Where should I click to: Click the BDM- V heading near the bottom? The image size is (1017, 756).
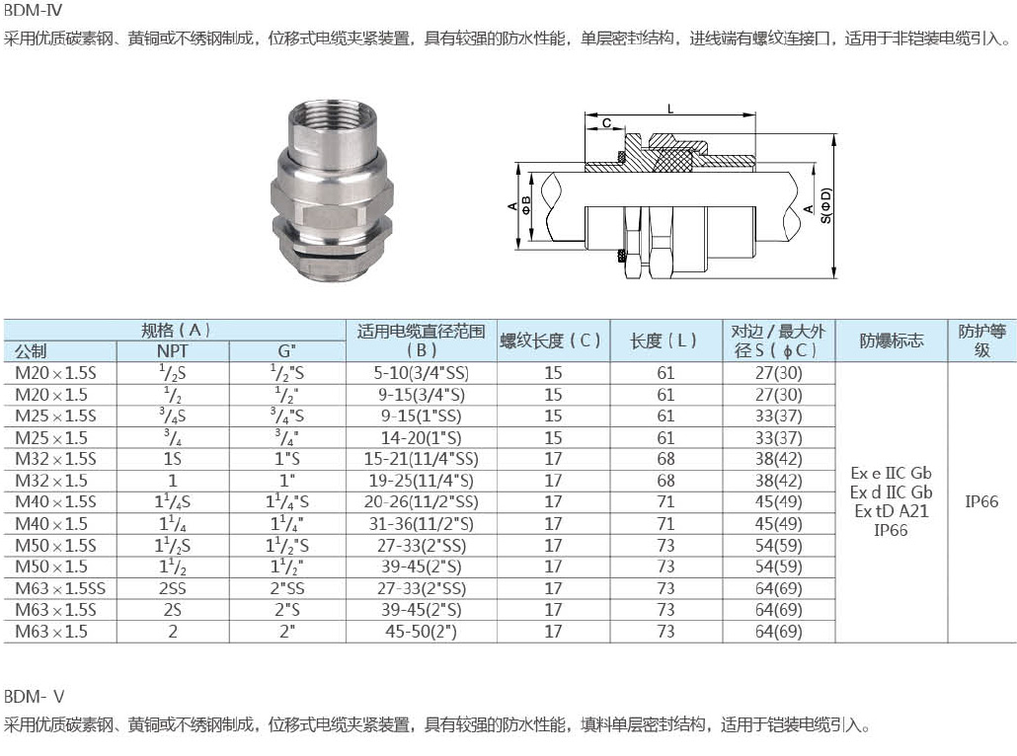34,697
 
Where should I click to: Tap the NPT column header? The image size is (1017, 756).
173,351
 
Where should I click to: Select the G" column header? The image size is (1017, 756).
286,351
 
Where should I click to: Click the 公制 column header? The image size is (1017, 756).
31,351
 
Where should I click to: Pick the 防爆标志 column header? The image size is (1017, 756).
892,340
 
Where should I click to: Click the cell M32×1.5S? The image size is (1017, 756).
55,459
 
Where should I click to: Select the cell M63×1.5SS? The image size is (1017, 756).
60,589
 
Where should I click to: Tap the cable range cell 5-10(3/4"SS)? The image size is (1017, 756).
421,373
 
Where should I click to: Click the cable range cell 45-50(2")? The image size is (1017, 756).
421,632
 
